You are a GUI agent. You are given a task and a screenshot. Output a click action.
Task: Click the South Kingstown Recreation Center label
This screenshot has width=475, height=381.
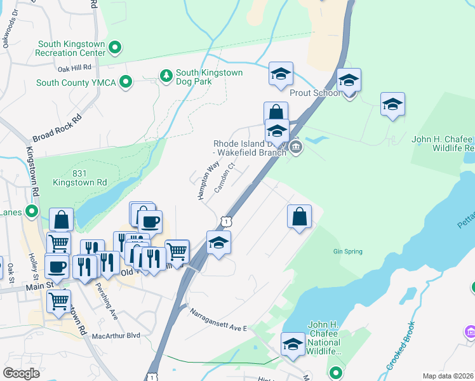click(71, 48)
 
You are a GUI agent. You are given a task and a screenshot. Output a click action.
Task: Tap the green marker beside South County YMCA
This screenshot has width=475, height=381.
click(126, 82)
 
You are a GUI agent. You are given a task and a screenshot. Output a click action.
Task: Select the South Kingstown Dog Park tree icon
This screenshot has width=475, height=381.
click(166, 76)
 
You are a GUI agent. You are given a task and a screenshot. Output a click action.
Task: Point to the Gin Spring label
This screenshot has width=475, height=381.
click(347, 251)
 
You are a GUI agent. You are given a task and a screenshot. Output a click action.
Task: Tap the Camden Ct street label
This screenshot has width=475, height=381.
click(225, 177)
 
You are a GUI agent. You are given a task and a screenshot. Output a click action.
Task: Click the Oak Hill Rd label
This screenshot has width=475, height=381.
click(74, 68)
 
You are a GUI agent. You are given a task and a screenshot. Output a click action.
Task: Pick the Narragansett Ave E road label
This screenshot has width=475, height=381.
click(218, 319)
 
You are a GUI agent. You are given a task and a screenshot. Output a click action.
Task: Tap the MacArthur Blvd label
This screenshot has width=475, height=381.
click(116, 335)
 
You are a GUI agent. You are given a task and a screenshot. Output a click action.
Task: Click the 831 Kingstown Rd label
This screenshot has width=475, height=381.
click(80, 178)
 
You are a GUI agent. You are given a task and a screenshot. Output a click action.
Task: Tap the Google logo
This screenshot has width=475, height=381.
click(21, 373)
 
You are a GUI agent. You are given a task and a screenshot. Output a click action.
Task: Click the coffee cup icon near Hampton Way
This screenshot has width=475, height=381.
click(150, 222)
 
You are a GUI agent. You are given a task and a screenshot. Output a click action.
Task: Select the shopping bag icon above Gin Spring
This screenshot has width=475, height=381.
click(299, 217)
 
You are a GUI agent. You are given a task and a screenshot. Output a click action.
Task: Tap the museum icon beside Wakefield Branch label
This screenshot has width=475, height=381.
click(296, 149)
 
